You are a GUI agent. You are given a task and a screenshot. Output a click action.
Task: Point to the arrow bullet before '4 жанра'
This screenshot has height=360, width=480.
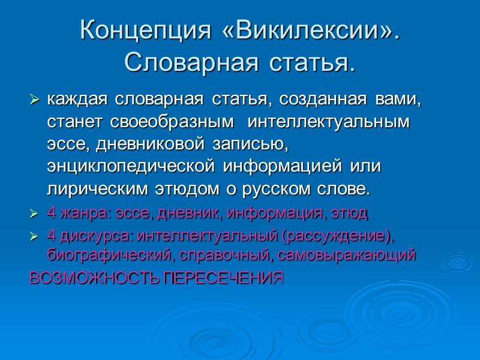34,214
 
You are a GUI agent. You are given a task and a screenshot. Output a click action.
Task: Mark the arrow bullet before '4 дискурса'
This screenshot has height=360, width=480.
34,235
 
